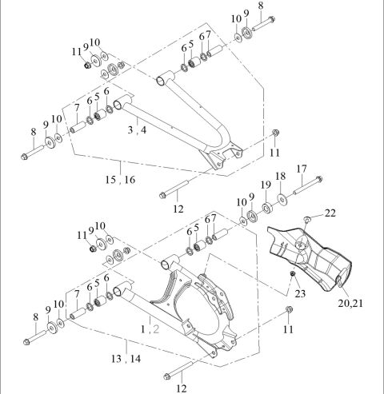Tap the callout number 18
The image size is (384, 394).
tap(280, 176)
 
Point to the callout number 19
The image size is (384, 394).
tap(266, 185)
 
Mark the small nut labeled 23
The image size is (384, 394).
tap(294, 276)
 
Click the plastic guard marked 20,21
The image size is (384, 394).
tap(312, 256)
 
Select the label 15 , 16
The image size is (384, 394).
tap(118, 180)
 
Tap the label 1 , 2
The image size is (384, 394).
tap(150, 328)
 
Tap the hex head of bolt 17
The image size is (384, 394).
tap(318, 179)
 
